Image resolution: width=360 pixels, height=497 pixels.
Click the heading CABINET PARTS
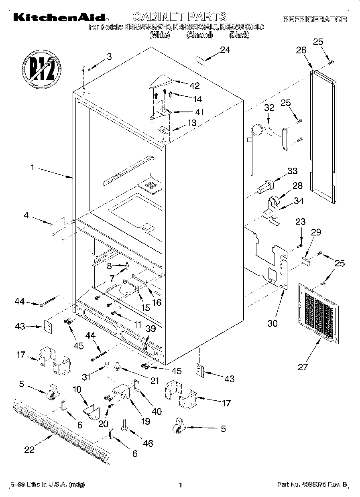179,17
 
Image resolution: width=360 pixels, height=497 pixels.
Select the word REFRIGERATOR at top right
315,19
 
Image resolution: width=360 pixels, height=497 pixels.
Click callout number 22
29,450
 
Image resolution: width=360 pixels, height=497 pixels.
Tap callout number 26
301,51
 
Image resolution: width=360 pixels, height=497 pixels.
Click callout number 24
225,50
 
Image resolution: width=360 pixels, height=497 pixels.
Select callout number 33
292,171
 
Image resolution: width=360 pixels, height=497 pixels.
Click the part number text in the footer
312,485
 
